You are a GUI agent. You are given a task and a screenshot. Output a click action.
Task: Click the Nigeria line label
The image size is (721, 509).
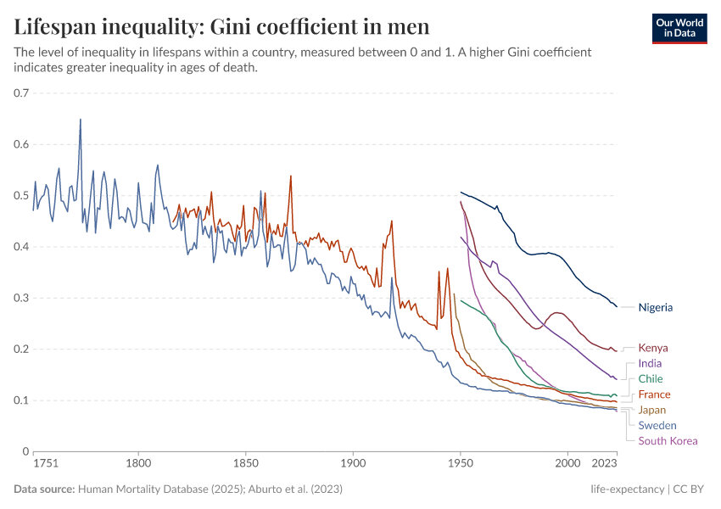[656, 307]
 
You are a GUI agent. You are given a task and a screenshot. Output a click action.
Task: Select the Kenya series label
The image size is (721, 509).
[653, 348]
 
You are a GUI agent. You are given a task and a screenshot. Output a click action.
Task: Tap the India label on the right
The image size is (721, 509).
[650, 363]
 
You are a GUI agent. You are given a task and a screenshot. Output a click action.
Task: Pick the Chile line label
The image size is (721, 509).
[651, 378]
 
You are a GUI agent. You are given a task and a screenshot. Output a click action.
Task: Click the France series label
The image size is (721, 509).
[654, 394]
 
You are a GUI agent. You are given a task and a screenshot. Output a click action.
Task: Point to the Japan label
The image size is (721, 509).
[652, 410]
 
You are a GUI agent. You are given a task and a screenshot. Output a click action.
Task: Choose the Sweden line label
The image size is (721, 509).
[657, 425]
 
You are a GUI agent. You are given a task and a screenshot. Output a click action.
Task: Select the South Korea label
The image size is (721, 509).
[668, 440]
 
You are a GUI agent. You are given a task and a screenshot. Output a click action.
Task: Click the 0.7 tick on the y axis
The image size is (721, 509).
[21, 92]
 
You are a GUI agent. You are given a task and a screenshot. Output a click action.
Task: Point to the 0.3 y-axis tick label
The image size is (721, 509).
[21, 298]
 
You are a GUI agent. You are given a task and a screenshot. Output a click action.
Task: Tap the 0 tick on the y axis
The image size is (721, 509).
[25, 451]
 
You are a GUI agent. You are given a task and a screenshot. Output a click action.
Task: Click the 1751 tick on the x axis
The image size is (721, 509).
[45, 463]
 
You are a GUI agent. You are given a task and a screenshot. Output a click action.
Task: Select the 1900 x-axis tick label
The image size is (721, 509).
[353, 463]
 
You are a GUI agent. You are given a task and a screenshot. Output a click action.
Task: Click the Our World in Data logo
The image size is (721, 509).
[679, 28]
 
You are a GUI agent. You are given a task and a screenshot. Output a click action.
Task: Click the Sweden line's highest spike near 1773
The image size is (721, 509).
[81, 120]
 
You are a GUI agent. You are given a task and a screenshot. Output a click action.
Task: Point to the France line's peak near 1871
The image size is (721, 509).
[291, 176]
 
